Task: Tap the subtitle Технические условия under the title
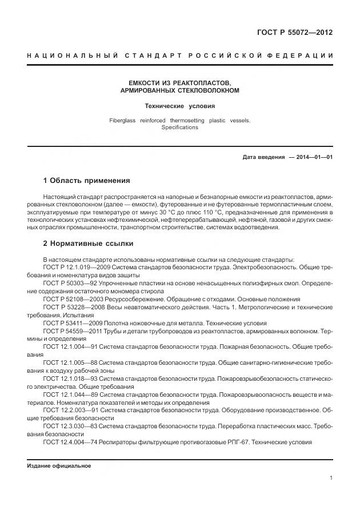tap(179, 106)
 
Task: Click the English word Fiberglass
tap(122, 121)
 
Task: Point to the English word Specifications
tap(179, 127)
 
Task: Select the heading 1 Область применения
tap(87, 181)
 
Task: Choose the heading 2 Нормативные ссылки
tap(89, 244)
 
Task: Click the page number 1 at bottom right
tap(331, 479)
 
